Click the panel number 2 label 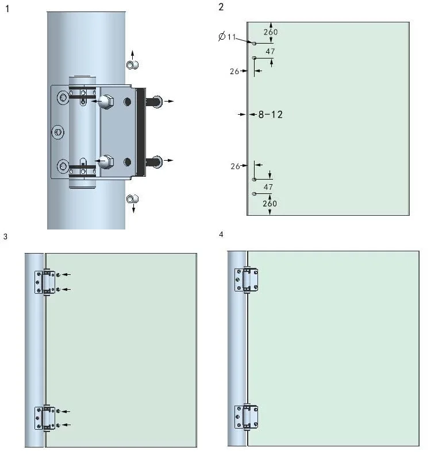tap(221, 7)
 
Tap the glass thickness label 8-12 tap(270, 115)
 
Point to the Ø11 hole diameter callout tap(228, 37)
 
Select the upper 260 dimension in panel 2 tap(270, 33)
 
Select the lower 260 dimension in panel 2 tap(270, 204)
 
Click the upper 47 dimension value tap(270, 52)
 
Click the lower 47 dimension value tap(268, 187)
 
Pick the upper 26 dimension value tap(234, 71)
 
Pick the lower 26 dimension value tap(234, 166)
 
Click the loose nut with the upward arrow tap(132, 65)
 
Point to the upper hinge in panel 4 tap(246, 280)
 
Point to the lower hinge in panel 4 tap(246, 417)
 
